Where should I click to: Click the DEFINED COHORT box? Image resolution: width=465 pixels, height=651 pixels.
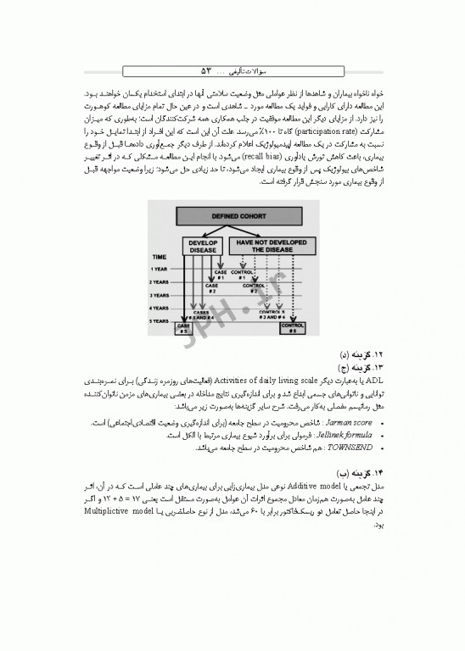coord(231,216)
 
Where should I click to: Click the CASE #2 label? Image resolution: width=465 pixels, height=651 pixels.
coord(211,288)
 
